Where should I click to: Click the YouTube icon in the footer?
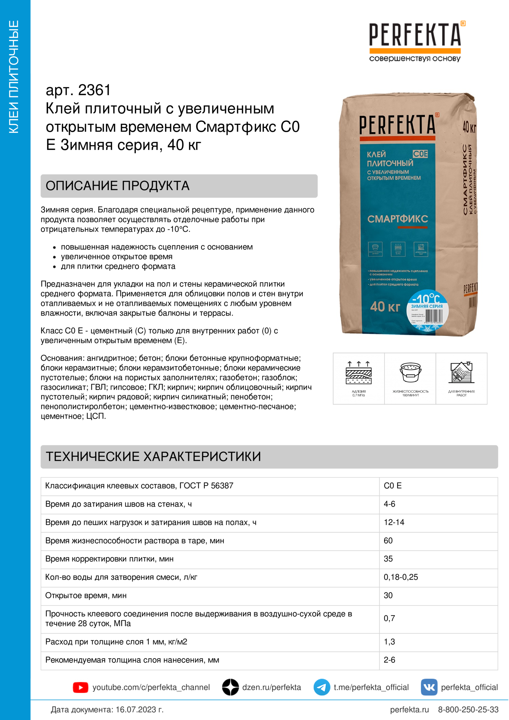tap(80, 687)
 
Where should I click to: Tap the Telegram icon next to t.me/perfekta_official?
tap(321, 687)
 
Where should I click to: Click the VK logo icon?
tap(429, 687)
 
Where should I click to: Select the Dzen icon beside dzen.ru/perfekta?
tap(231, 687)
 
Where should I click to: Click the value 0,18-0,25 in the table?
tap(401, 577)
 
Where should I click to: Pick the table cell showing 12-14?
tap(394, 522)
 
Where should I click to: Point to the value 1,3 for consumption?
tap(389, 642)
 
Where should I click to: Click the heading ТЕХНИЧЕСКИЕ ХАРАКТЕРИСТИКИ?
tap(153, 457)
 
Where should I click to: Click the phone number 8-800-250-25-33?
tap(468, 710)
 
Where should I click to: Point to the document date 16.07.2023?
tap(139, 710)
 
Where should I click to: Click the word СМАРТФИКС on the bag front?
tap(397, 219)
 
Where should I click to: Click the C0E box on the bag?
tap(420, 154)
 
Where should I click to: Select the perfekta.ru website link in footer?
tap(409, 710)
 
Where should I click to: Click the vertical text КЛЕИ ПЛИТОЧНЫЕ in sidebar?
tap(14, 77)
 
